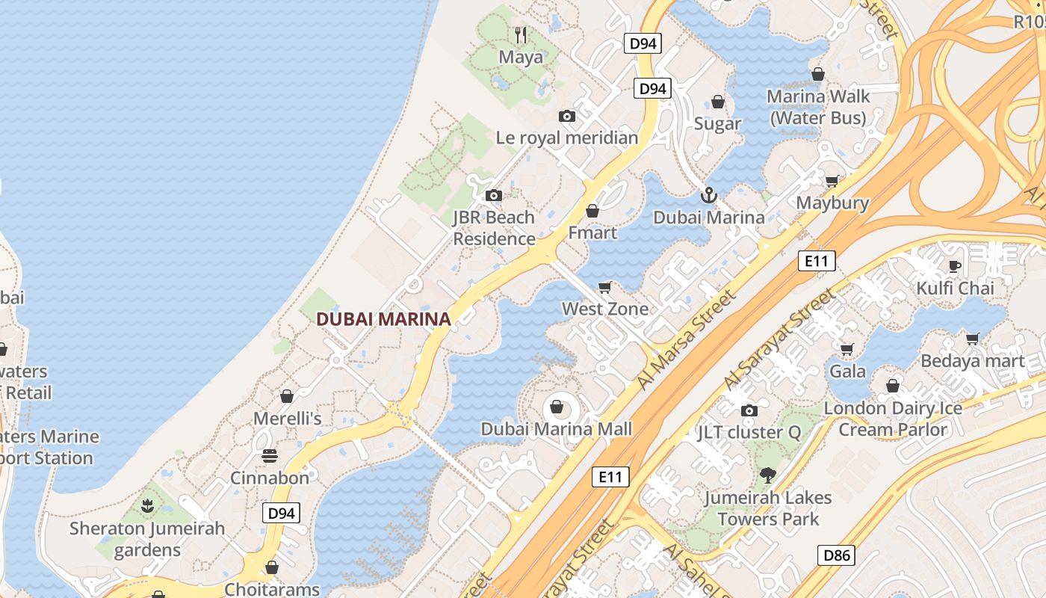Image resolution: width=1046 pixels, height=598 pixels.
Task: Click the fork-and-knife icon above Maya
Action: click(x=521, y=34)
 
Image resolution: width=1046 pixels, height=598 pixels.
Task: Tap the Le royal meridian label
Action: click(x=567, y=138)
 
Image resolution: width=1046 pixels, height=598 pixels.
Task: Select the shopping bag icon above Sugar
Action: click(x=718, y=102)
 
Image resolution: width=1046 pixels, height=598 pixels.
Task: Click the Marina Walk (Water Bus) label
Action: click(x=818, y=107)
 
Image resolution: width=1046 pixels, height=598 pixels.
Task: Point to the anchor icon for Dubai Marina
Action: click(x=708, y=196)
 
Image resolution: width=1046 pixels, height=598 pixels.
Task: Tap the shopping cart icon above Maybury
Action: click(x=832, y=182)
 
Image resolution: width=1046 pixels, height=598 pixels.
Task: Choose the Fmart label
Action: click(x=592, y=232)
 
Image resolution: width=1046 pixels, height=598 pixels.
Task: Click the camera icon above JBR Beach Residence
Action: click(x=493, y=196)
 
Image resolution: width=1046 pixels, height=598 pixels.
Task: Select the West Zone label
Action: click(x=605, y=309)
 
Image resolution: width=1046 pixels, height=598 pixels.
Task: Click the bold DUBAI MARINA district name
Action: click(x=383, y=319)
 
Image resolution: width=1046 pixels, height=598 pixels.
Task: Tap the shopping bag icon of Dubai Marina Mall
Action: click(x=557, y=407)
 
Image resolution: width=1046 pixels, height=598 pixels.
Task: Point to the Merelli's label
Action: click(x=288, y=419)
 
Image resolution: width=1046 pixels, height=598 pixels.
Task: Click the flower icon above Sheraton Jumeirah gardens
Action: click(x=147, y=507)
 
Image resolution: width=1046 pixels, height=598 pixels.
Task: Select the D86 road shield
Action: click(x=836, y=555)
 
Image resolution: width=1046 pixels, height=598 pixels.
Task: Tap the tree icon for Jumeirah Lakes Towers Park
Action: click(x=767, y=475)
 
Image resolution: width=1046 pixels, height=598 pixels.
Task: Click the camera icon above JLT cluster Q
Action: click(x=749, y=410)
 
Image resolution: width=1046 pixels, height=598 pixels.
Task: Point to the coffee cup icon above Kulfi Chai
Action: click(x=954, y=266)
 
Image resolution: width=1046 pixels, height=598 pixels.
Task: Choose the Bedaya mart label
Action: click(x=972, y=361)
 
